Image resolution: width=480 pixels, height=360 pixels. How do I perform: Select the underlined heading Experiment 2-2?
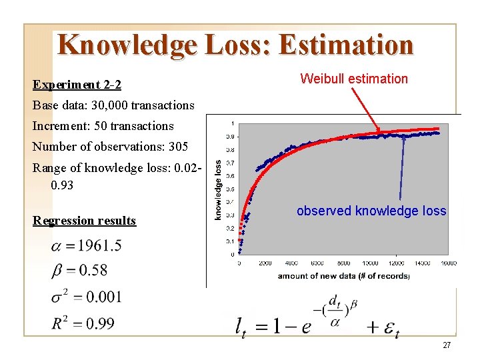pyautogui.click(x=77, y=85)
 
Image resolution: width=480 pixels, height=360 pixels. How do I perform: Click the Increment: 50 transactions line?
pyautogui.click(x=103, y=126)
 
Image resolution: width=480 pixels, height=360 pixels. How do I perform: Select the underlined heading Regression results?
pyautogui.click(x=84, y=221)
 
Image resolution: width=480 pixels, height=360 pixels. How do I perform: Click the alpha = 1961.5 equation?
pyautogui.click(x=86, y=246)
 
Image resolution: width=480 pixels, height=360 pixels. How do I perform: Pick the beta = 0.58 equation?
pyautogui.click(x=79, y=271)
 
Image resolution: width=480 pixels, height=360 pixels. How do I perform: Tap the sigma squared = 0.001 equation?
pyautogui.click(x=86, y=297)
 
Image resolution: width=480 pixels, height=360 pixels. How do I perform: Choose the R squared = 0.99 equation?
pyautogui.click(x=83, y=324)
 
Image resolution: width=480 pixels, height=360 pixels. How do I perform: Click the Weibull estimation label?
pyautogui.click(x=353, y=79)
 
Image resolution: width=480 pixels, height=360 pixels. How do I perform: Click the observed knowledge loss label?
pyautogui.click(x=371, y=211)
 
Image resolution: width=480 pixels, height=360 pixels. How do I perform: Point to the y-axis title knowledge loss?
pyautogui.click(x=218, y=189)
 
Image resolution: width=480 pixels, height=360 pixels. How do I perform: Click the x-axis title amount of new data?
pyautogui.click(x=343, y=275)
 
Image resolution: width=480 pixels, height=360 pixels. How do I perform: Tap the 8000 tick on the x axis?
pyautogui.click(x=343, y=263)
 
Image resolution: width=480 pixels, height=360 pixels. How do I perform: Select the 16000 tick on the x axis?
pyautogui.click(x=448, y=263)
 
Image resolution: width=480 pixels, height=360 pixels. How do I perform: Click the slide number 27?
pyautogui.click(x=447, y=345)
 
